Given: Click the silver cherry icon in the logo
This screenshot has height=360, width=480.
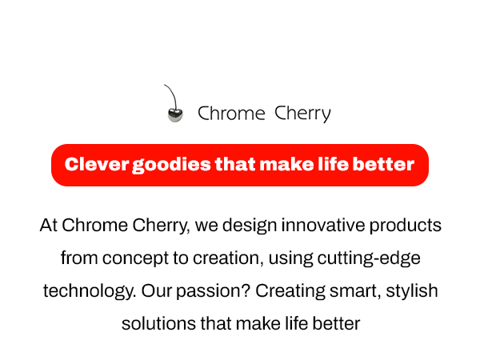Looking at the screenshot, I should coord(174,114).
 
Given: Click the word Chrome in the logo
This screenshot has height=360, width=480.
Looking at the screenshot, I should coord(231,114).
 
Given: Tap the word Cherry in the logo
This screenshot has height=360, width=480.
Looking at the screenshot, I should coord(302,114).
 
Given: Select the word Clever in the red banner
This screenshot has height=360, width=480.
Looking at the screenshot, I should coord(97,165).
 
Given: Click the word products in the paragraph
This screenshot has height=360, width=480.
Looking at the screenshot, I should coord(406,226).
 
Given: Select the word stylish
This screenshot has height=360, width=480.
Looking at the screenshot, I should coord(412,291).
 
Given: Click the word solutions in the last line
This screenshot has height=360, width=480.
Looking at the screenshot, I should coord(154,324).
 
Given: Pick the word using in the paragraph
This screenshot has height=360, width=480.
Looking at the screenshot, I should coord(291,258).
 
